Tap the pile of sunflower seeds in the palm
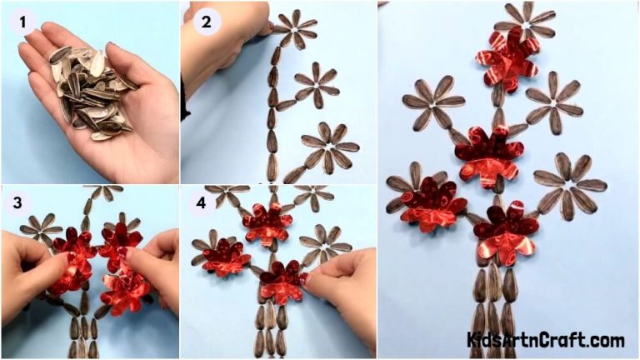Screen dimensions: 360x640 (x=90, y=87)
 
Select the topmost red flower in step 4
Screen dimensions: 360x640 (x=267, y=222)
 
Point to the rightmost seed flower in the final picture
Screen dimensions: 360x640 (x=570, y=186)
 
